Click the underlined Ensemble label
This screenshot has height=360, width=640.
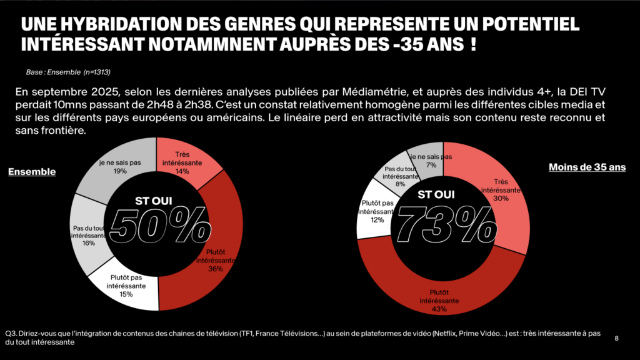[32, 172]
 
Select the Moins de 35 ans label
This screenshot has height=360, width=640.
[586, 167]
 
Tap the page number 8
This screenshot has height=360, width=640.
[617, 338]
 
